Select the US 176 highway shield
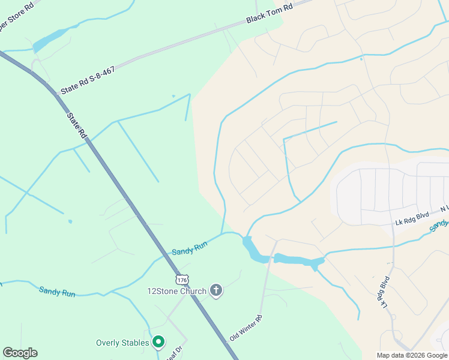point(182,280)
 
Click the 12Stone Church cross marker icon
point(216,291)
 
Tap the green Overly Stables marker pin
point(158,342)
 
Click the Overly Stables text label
point(122,343)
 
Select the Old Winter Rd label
point(246,328)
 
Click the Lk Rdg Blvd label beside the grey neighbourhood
point(412,218)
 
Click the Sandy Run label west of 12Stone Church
point(57,292)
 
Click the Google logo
point(20,353)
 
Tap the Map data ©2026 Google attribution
point(412,355)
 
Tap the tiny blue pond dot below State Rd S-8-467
point(173,95)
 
